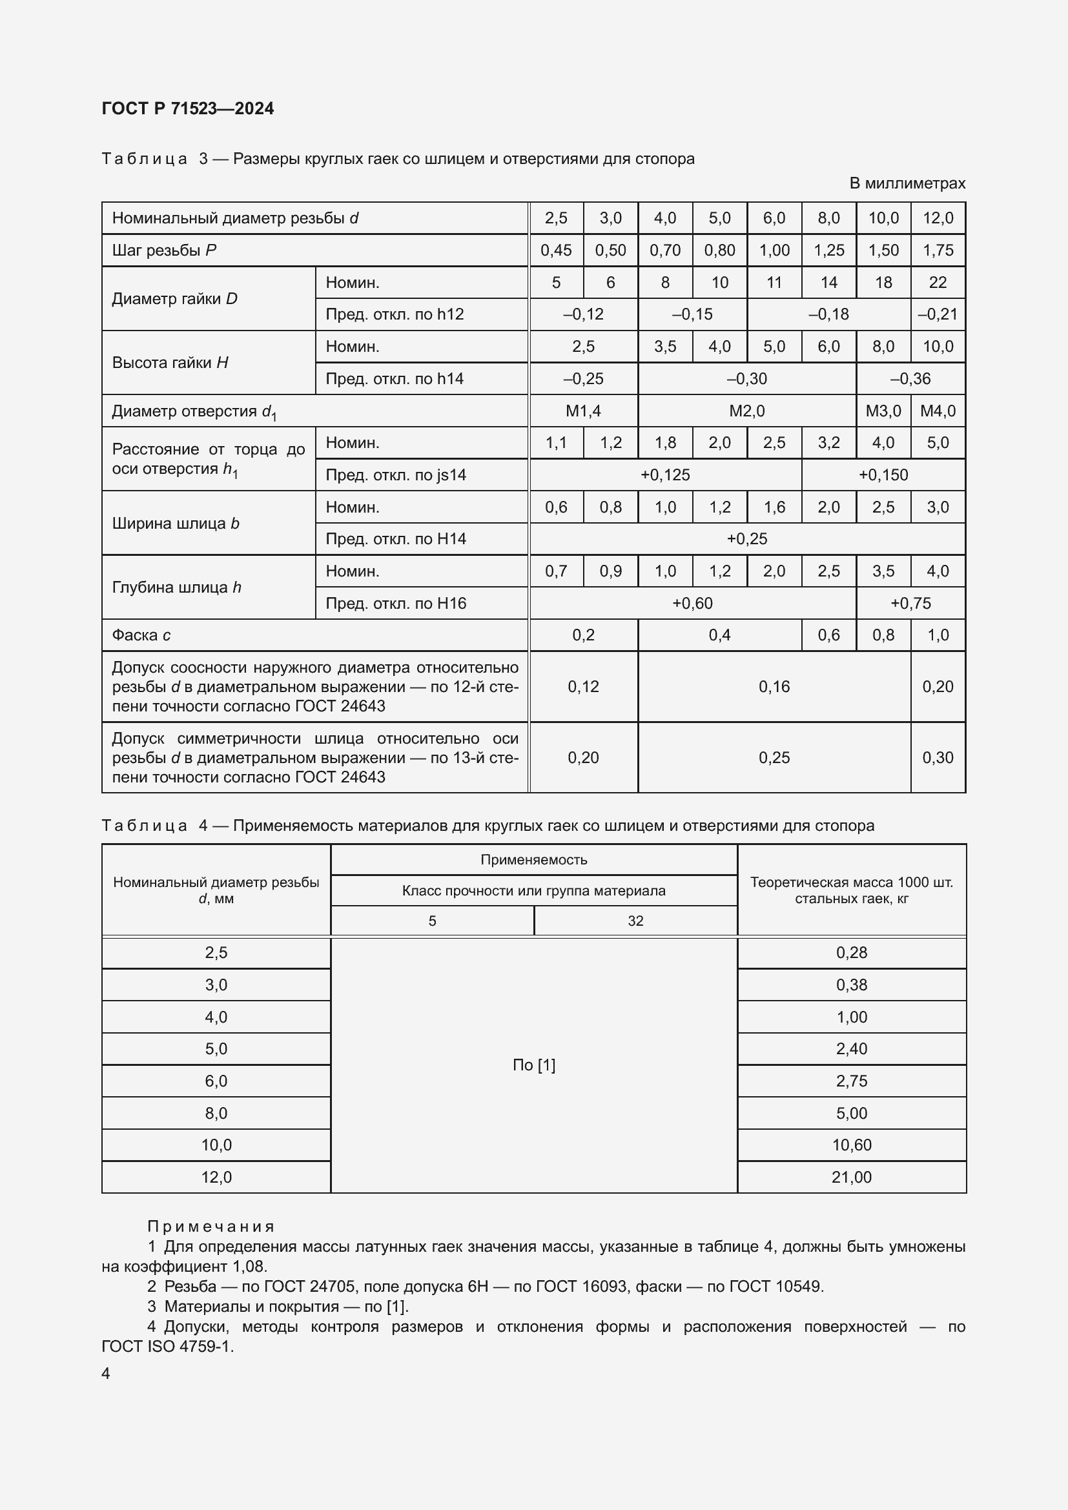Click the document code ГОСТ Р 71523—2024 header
188,109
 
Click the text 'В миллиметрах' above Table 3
907,183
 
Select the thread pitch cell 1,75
937,250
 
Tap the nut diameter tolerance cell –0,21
937,314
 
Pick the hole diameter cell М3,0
883,411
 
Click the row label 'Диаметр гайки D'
175,299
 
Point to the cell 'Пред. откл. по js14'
396,475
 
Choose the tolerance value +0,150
883,475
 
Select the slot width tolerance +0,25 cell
746,539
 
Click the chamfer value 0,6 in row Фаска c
828,635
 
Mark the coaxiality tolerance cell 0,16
774,687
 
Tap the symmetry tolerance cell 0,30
937,758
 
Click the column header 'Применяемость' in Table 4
533,859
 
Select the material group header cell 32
635,921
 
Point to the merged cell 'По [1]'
533,1065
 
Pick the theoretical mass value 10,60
851,1145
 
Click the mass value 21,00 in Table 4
851,1178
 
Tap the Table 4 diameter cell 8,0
216,1114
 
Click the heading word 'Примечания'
211,1227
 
